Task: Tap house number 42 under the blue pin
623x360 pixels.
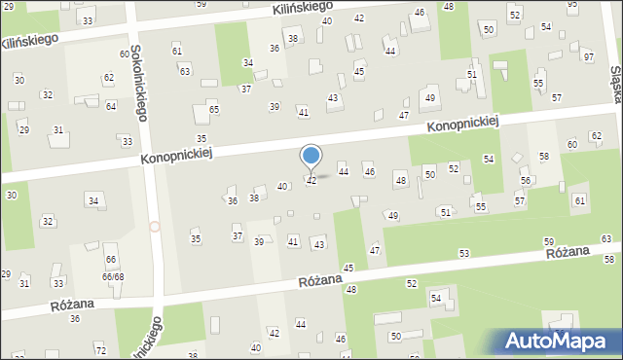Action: (x=311, y=181)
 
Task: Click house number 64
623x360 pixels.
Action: (x=111, y=106)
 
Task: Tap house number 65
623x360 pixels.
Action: (x=213, y=110)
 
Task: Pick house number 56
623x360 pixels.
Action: (x=525, y=181)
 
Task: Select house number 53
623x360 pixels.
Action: (x=464, y=253)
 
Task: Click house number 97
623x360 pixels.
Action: (x=588, y=57)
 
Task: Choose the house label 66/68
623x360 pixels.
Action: (x=113, y=276)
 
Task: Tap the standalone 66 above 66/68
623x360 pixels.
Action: (x=111, y=259)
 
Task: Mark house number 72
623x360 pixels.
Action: (x=100, y=348)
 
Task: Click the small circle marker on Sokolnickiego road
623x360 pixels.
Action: (x=154, y=227)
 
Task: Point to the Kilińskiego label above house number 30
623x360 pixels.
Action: (x=30, y=41)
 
